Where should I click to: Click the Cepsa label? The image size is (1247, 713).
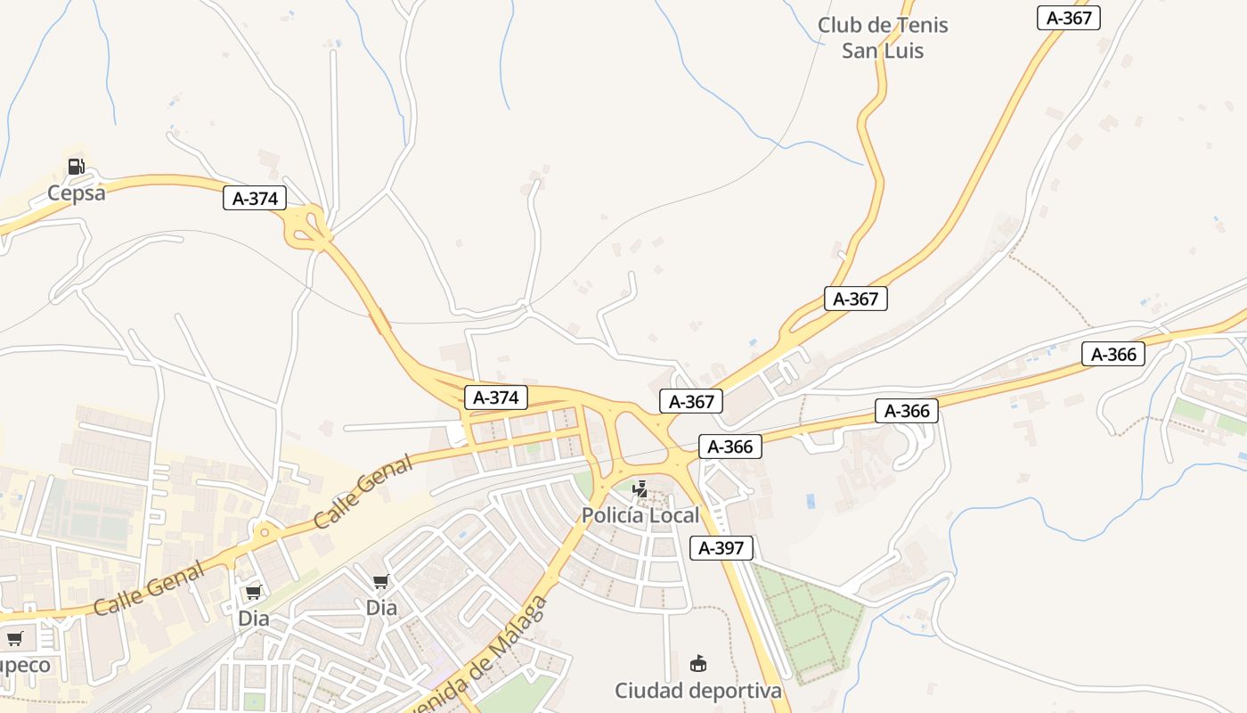point(76,193)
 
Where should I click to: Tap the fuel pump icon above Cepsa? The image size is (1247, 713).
point(76,166)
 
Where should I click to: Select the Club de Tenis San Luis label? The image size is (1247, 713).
point(883,37)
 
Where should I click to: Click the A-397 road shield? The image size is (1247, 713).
point(721,547)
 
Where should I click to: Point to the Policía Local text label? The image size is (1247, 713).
point(640,515)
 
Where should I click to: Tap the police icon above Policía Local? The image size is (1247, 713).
point(640,488)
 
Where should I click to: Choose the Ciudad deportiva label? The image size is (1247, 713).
point(698,690)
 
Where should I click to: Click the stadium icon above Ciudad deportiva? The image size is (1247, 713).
point(698,664)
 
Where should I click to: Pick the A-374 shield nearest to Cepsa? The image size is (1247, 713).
point(255,198)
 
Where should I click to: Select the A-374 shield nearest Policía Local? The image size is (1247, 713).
point(496,397)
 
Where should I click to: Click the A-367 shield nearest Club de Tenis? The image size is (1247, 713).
point(1069,18)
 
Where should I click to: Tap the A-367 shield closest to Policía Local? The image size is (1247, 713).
point(691,401)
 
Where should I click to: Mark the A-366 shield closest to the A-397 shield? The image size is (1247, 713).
point(730,447)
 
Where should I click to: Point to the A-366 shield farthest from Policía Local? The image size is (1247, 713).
point(1113,354)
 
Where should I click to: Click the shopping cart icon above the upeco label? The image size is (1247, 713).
point(14,638)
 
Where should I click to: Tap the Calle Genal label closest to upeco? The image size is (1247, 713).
point(150,588)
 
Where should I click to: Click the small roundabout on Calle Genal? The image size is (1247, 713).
point(264,533)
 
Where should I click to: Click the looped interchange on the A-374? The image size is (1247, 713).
point(306,226)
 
